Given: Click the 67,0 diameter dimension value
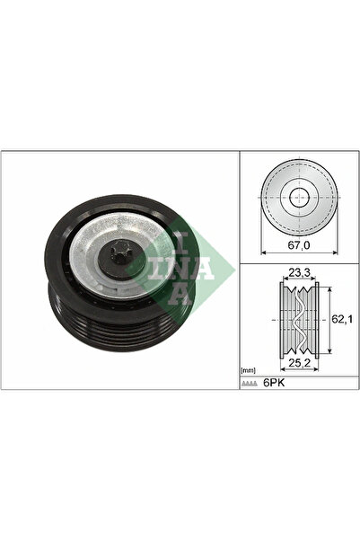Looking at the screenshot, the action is click(299, 245).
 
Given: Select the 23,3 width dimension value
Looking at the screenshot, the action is click(299, 273).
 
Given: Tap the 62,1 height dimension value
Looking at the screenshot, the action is click(342, 319).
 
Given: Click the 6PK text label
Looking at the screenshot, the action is click(274, 383).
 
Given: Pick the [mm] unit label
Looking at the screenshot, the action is click(248, 370).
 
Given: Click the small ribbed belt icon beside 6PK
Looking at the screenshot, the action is click(250, 384).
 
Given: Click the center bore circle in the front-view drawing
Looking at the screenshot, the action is click(300, 198).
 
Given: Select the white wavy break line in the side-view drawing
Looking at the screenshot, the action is click(298, 319).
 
